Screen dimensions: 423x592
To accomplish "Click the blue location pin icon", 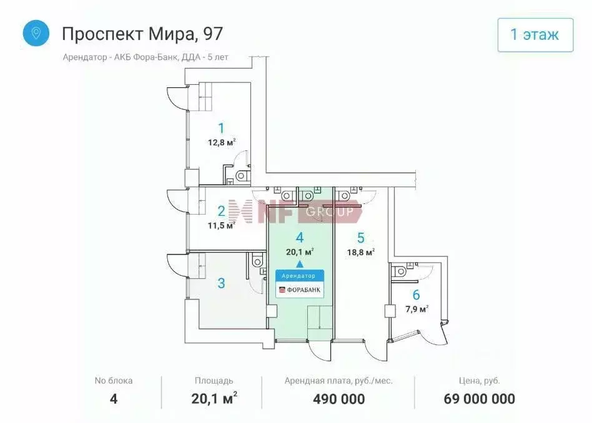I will [x=36, y=33].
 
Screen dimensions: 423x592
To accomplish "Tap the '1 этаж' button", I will [x=535, y=35].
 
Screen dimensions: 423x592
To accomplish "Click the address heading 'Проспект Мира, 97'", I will [x=142, y=33].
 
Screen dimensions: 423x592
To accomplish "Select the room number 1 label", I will [x=221, y=128].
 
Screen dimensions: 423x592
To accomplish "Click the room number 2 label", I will [x=221, y=211].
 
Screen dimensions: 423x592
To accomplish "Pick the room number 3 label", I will [x=221, y=283].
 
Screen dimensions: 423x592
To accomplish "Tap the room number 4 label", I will [x=300, y=238].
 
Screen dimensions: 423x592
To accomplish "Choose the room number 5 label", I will [x=361, y=238].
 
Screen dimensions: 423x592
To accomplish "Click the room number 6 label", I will [x=416, y=295].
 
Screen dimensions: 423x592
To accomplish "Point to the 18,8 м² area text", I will [x=361, y=252].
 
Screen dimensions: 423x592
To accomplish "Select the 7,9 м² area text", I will [x=416, y=309].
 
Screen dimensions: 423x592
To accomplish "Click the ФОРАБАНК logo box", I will [x=300, y=289].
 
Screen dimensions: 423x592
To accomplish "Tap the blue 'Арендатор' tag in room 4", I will [x=300, y=275].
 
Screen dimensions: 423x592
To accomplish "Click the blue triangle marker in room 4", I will [x=300, y=264].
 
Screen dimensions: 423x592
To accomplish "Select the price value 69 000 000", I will [x=479, y=399].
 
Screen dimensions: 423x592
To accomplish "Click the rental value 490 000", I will [x=338, y=399].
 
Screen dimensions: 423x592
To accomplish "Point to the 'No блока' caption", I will [x=114, y=380].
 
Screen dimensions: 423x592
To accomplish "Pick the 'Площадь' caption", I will [x=214, y=380].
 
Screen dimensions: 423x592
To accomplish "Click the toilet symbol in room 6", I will [x=400, y=270].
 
